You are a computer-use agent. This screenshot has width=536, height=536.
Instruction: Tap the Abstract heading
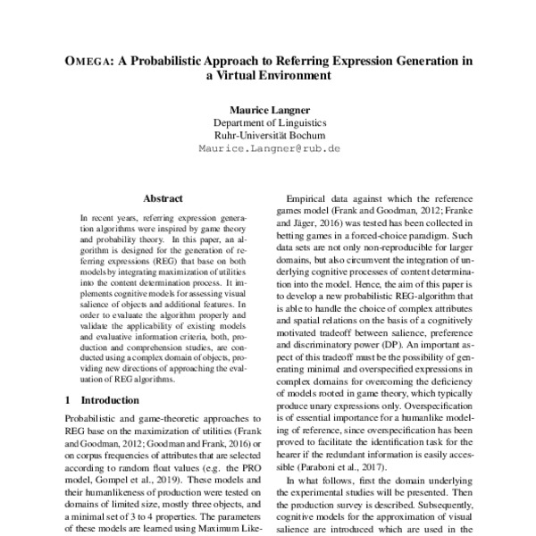pyautogui.click(x=163, y=198)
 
